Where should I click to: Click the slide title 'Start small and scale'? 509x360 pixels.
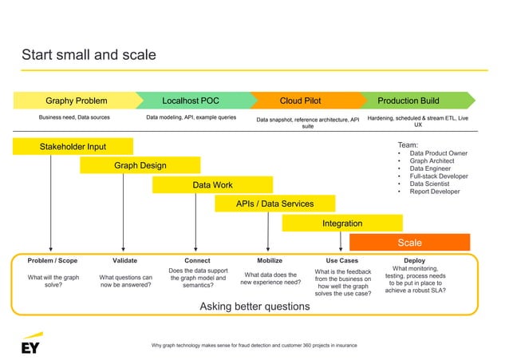tap(89, 55)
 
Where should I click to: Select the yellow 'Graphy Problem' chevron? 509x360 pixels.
tap(76, 101)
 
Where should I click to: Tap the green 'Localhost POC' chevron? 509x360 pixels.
tap(191, 101)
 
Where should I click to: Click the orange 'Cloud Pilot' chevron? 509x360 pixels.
tap(301, 101)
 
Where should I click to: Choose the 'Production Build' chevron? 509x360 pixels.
tap(408, 101)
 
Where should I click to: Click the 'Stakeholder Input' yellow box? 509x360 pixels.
tap(73, 146)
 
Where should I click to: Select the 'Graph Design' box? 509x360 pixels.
tap(140, 165)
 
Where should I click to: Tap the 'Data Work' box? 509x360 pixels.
tap(212, 185)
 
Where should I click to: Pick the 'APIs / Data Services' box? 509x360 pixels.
tap(274, 204)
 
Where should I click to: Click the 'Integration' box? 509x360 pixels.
tap(341, 224)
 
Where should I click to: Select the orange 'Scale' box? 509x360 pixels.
tap(409, 243)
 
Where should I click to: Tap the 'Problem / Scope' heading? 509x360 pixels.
tap(52, 260)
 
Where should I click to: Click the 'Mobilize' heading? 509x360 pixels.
tap(270, 260)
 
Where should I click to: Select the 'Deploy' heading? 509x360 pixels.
tap(414, 260)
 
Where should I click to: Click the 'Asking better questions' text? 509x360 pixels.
tap(254, 307)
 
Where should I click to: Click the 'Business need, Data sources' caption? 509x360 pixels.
tap(74, 117)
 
